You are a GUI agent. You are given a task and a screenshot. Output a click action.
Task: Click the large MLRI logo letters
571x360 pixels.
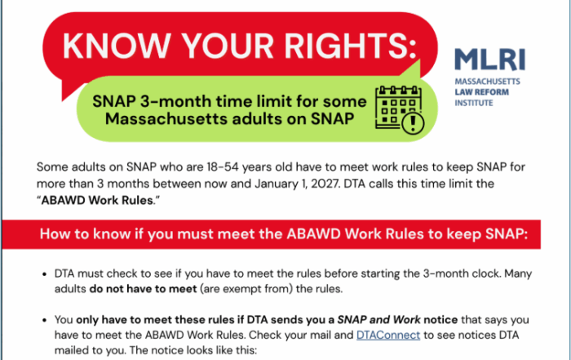pos(489,60)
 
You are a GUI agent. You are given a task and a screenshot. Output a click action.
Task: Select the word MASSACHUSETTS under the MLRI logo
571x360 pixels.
pos(487,82)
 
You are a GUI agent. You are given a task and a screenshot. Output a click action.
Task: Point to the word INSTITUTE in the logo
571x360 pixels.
pos(474,103)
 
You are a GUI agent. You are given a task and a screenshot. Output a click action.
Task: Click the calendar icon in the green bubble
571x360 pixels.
pos(400,109)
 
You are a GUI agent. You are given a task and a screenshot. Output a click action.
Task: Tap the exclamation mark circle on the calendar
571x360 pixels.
pos(413,123)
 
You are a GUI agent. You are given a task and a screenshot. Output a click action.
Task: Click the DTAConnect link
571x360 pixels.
pos(388,335)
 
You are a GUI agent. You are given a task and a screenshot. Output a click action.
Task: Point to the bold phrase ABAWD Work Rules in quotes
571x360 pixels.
pos(97,200)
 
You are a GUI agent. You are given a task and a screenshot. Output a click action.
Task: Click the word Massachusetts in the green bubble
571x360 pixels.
pos(166,119)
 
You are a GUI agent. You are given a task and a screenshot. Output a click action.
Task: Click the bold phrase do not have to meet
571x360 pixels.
pos(143,289)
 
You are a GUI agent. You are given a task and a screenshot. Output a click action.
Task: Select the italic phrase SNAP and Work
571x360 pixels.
pos(378,319)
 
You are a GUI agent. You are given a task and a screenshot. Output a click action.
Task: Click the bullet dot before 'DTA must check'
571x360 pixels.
pos(44,274)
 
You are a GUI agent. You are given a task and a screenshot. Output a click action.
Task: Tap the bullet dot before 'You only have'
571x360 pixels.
pos(44,320)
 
